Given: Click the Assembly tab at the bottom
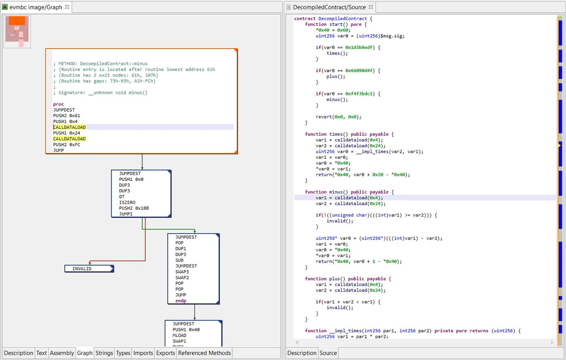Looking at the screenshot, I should click(62, 353).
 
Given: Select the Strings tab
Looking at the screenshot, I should click(104, 353).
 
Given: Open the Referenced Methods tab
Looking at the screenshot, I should click(205, 353).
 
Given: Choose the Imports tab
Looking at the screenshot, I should click(143, 353).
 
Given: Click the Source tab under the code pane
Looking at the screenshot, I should click(328, 353).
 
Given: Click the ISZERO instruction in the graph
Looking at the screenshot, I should click(127, 202).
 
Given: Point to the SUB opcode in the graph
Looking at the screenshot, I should click(180, 260).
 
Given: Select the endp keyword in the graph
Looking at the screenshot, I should click(181, 301).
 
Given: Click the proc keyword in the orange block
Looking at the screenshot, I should click(59, 104).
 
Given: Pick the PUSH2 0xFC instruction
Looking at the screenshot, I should click(67, 145).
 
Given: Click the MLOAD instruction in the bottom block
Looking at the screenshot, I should click(180, 335).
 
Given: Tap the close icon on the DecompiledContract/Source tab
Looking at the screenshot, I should click(370, 7).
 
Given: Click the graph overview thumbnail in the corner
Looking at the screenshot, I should click(17, 32).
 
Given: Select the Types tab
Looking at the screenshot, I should click(123, 353).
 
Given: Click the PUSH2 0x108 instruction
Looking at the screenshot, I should click(134, 208).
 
